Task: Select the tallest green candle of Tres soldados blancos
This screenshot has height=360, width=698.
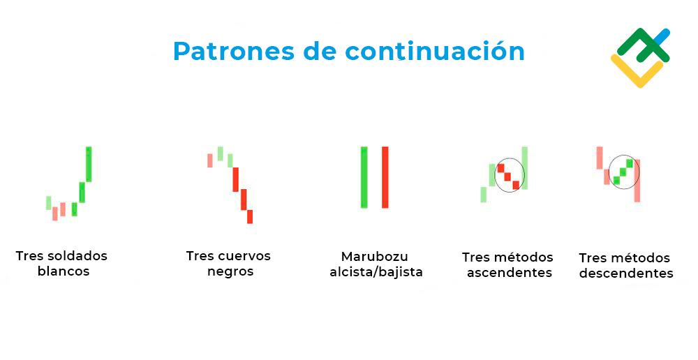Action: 89,164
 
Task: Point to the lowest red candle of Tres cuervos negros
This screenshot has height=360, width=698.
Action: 250,216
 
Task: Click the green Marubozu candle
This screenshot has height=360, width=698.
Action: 364,177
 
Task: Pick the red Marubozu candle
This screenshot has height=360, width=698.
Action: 385,177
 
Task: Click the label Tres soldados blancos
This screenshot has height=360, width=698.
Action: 62,264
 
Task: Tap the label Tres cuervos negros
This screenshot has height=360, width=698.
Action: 229,264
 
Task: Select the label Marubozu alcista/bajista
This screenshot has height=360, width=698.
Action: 376,264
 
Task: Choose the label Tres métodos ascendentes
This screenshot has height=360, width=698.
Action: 508,265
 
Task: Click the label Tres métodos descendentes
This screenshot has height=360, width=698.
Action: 625,266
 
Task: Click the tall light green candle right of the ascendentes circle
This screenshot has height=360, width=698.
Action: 524,167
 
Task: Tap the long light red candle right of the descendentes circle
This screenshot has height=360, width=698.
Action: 637,181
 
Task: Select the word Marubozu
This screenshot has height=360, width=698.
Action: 375,257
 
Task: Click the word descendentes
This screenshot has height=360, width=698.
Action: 626,273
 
